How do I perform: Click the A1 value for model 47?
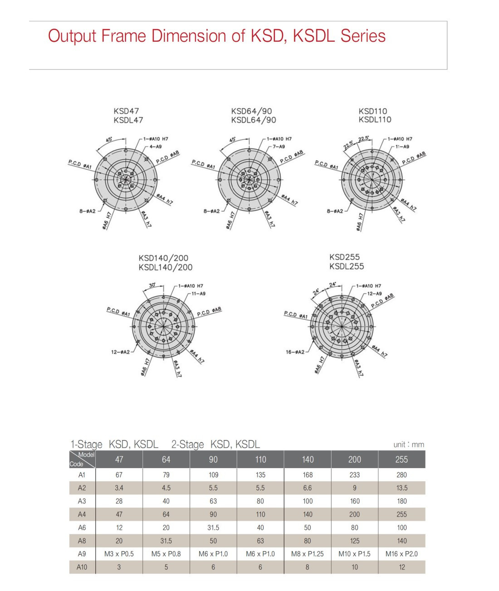(119, 475)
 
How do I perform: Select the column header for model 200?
(355, 459)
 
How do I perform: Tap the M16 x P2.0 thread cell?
(401, 554)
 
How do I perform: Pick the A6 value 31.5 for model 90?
(213, 528)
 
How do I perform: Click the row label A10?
(82, 567)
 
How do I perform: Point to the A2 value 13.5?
(401, 488)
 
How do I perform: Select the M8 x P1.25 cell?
(308, 554)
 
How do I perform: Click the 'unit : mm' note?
(408, 444)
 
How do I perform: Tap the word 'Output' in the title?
(72, 36)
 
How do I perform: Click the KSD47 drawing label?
(126, 111)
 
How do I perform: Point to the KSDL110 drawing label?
(375, 120)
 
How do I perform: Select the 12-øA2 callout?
(120, 352)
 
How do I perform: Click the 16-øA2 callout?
(295, 352)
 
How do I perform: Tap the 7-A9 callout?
(279, 147)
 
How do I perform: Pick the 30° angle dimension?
(152, 285)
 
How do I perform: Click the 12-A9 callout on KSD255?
(374, 293)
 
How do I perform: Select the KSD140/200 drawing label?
(163, 258)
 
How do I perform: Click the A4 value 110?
(260, 514)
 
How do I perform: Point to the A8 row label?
(82, 541)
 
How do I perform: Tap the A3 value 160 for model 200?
(355, 501)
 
